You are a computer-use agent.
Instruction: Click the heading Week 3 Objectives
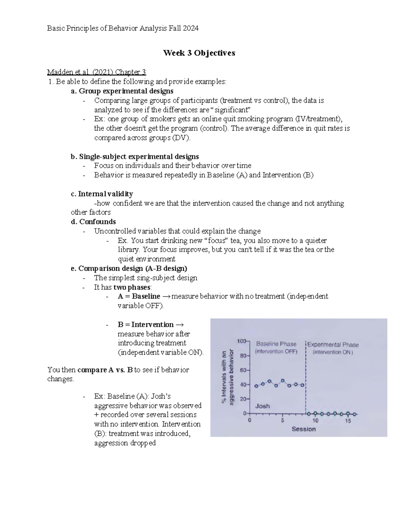(199, 53)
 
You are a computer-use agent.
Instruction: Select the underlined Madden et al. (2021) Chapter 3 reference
(97, 72)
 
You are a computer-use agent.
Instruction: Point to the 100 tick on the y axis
(241, 341)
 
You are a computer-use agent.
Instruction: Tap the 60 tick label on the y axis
(243, 370)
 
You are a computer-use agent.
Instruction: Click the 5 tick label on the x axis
(282, 421)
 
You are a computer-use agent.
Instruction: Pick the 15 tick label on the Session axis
(348, 421)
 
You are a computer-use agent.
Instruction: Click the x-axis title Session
(303, 429)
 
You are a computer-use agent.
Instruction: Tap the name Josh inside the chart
(262, 406)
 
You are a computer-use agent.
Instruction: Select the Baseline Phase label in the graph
(276, 344)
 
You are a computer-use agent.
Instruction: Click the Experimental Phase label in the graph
(333, 345)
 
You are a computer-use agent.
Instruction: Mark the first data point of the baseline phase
(256, 386)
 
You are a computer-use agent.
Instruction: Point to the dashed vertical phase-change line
(305, 378)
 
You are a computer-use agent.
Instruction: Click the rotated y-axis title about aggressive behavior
(227, 377)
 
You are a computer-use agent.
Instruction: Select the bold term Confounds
(97, 222)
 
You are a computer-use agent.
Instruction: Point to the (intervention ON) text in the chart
(332, 352)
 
